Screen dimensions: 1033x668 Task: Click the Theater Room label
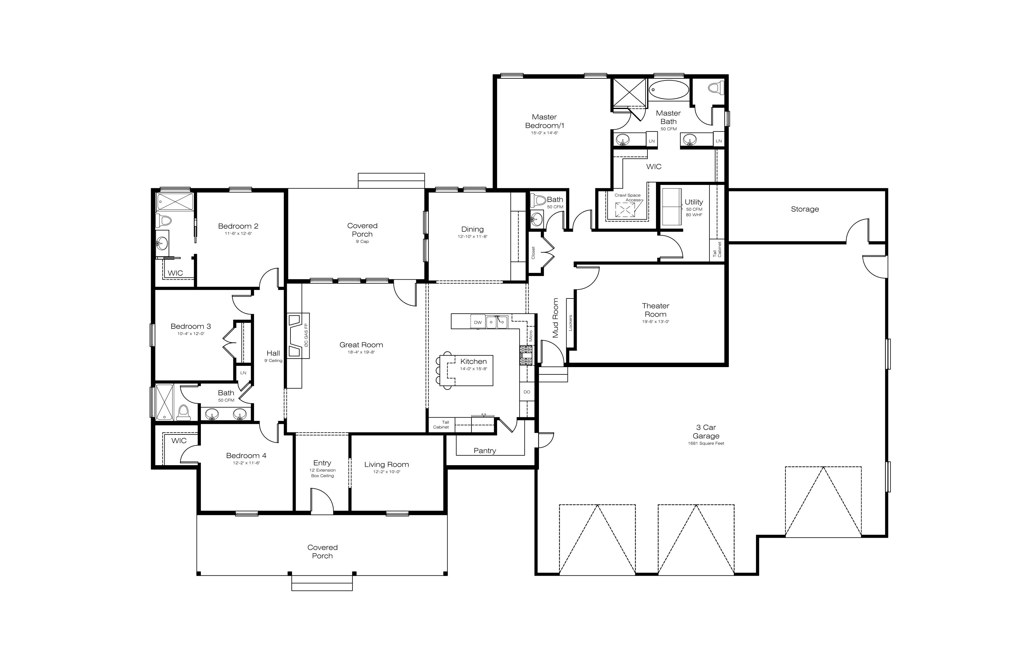(655, 310)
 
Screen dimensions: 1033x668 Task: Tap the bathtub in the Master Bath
(669, 90)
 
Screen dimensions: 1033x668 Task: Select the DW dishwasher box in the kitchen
(478, 322)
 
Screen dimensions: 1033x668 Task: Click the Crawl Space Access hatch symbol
(625, 210)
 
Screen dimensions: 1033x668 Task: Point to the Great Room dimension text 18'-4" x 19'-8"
(361, 352)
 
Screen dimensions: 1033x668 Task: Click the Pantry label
(485, 451)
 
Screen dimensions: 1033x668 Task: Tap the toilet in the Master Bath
(716, 88)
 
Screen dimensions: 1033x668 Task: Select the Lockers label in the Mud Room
(570, 323)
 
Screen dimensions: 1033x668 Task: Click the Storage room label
(805, 209)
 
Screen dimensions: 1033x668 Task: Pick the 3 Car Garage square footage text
(706, 443)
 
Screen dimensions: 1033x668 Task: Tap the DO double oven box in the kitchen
(527, 392)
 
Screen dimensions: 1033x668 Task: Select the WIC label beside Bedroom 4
(179, 441)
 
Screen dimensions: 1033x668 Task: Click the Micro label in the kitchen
(530, 336)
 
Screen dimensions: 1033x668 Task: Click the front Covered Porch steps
(322, 583)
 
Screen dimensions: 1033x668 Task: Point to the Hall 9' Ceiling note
(273, 360)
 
